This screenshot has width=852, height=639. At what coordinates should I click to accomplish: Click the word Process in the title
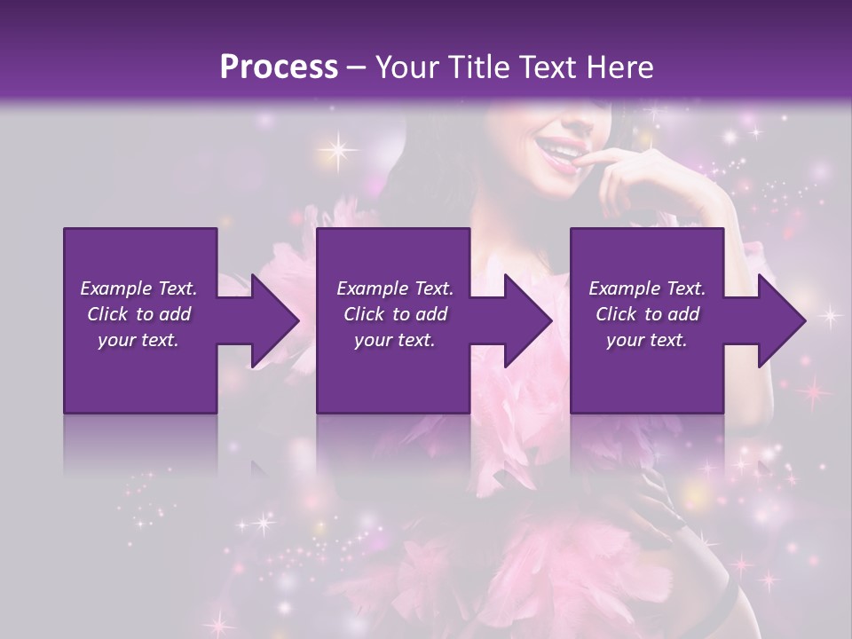coord(279,67)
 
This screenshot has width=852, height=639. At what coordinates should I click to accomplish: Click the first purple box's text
coord(138,313)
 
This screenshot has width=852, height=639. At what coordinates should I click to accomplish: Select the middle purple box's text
coord(395,313)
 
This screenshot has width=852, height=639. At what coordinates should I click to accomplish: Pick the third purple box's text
coord(647,313)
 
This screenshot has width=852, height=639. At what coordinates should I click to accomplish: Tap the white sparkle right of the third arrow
coord(831,315)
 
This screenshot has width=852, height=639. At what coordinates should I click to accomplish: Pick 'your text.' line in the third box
coord(647,340)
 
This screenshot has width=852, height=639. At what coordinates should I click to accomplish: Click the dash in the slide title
coord(357,67)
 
